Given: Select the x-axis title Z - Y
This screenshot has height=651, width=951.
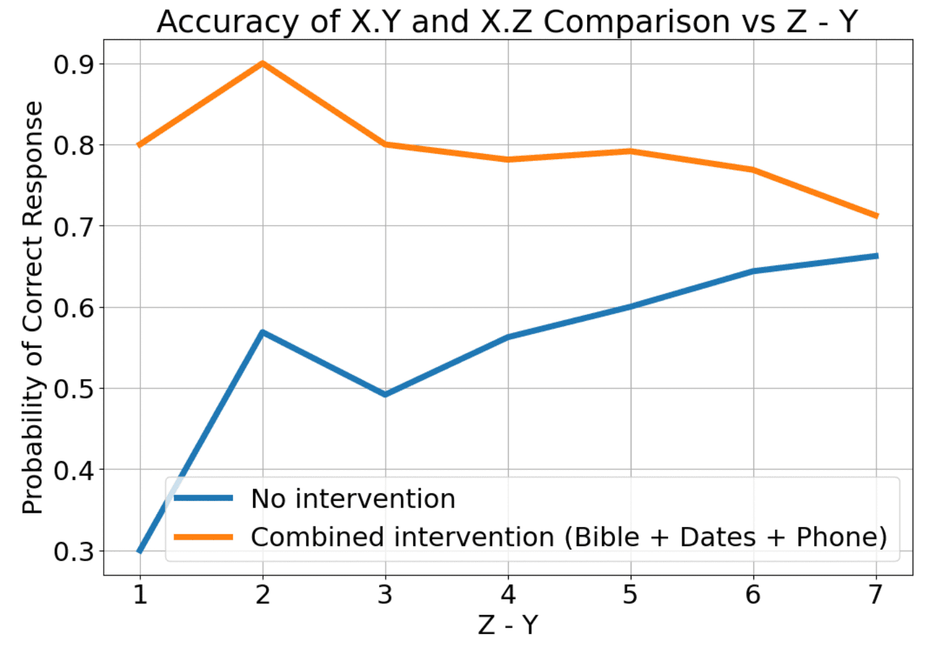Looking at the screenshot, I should [x=507, y=625].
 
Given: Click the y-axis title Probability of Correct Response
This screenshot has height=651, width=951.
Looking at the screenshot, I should [x=33, y=307].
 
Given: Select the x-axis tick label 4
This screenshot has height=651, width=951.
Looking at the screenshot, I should [x=507, y=595].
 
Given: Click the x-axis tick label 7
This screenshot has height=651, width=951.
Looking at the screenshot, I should [x=876, y=595].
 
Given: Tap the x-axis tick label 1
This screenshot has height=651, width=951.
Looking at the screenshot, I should [x=140, y=595].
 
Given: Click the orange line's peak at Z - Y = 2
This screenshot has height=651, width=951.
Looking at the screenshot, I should [x=262, y=63].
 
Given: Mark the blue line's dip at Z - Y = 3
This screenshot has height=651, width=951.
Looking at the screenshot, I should [x=385, y=395].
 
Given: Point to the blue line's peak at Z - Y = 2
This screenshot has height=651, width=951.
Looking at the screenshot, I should [x=262, y=333].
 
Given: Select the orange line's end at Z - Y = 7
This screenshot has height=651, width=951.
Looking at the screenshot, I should [x=876, y=216].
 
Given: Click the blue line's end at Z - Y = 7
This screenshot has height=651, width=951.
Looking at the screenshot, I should [x=876, y=256].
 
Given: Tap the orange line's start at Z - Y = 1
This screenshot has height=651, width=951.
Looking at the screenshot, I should [x=140, y=145].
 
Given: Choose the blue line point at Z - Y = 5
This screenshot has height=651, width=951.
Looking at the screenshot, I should [x=631, y=307].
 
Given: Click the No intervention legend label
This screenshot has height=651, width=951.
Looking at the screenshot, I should [x=353, y=499].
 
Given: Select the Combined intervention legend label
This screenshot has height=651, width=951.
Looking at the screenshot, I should [x=568, y=537].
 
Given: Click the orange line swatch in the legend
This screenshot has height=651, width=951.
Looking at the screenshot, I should [x=204, y=537].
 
